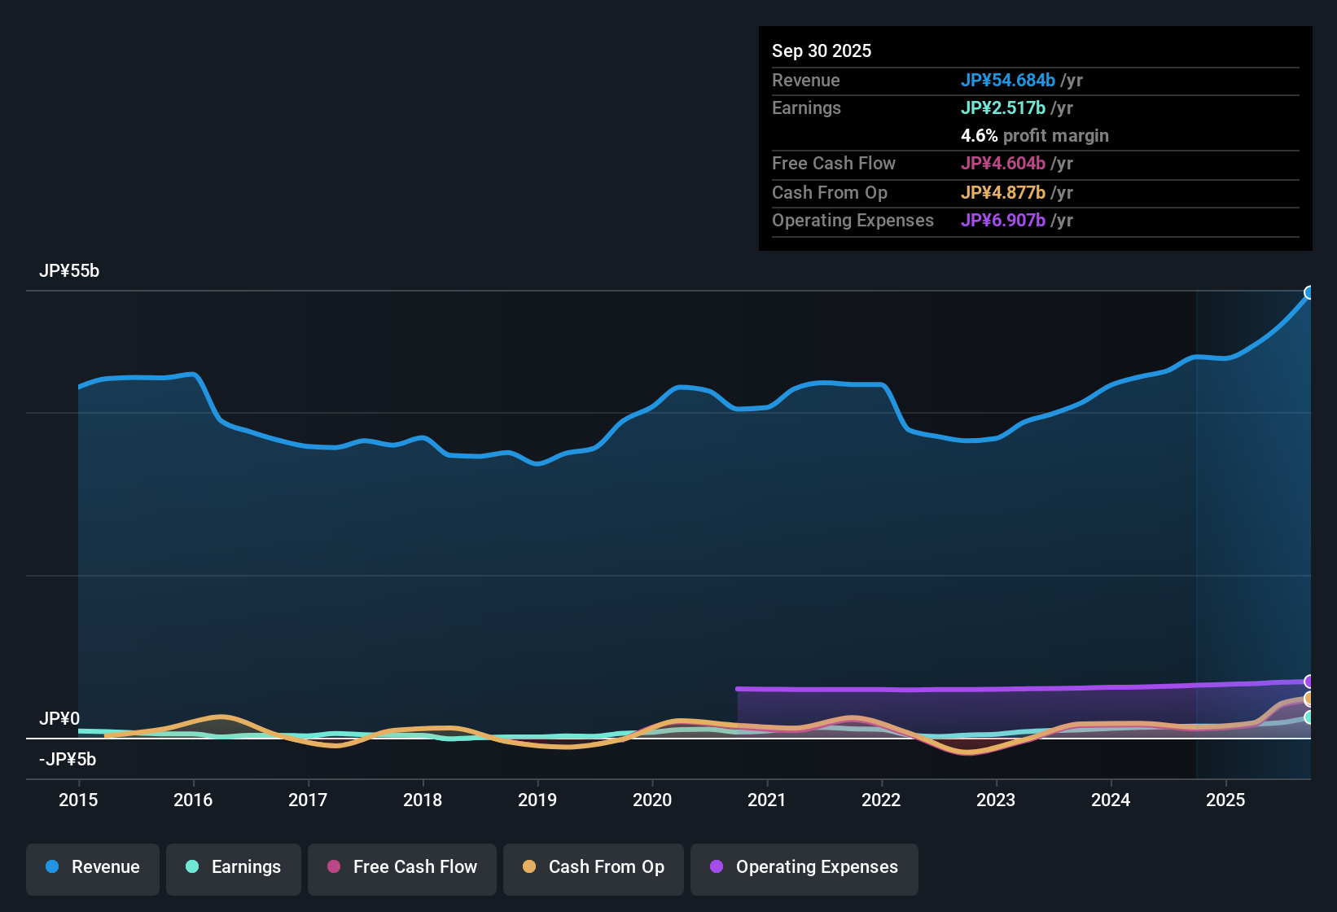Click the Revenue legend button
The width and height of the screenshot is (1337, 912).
93,867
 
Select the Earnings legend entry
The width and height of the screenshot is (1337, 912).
234,867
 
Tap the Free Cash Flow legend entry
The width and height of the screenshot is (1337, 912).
402,867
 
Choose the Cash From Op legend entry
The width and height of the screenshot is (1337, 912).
594,867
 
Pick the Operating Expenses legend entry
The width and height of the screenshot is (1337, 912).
804,867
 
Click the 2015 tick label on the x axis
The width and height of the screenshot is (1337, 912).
78,800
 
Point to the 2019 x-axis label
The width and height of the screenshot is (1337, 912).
537,800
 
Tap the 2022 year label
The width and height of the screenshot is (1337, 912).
881,800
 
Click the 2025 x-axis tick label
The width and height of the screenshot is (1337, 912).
1225,800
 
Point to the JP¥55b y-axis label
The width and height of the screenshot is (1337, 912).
69,271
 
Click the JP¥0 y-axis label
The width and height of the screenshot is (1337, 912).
59,719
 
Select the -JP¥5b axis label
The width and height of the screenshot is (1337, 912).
68,760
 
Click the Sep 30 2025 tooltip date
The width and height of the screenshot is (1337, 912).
822,51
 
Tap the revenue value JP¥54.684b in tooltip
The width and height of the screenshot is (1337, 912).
1008,81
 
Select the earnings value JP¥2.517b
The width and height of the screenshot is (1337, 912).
1003,108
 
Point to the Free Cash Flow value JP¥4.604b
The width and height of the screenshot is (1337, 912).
1003,164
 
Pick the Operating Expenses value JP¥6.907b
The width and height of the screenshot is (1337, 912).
1003,221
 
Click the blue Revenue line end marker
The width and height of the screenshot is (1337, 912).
1309,292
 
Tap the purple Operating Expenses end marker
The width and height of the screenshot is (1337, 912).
1309,682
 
